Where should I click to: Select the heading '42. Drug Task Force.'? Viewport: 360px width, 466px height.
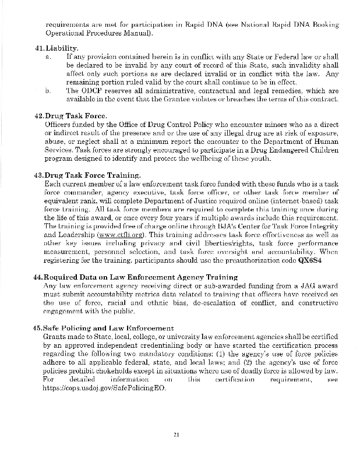pos(69,116)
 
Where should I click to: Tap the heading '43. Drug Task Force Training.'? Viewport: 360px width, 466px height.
pos(87,175)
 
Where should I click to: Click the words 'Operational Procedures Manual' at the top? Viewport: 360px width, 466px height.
pos(98,32)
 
